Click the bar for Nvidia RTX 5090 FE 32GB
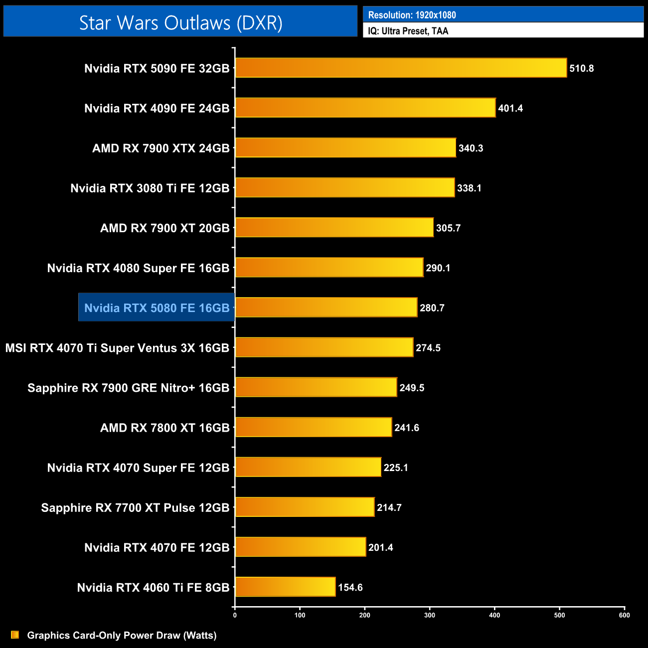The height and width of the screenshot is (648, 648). coord(401,68)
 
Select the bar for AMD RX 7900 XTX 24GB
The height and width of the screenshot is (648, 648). coord(345,148)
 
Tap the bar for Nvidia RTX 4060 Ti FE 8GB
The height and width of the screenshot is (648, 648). coord(285,587)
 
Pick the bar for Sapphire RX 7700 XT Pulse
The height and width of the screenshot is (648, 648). coord(305,507)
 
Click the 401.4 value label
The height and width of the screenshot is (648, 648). coord(510,108)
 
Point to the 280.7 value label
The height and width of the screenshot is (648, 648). coord(432,308)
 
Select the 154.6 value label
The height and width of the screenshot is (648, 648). coord(350,587)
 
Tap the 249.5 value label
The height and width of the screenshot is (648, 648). coord(412,388)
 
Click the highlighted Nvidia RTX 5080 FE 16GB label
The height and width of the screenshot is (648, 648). coord(157,308)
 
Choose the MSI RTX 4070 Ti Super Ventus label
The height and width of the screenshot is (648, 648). coord(117,348)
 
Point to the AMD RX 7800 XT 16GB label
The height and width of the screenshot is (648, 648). coord(164,428)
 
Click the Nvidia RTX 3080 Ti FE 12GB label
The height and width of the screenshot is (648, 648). coord(150,188)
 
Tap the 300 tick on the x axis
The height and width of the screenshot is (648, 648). coord(430,615)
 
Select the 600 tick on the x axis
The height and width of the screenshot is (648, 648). coord(624,615)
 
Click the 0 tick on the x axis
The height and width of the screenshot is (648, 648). coord(235,615)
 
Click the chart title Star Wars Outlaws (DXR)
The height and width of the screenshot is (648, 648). coord(180,22)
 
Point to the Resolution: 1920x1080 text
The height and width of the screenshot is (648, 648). coord(412,15)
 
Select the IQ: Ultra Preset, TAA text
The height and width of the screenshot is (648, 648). coord(408,31)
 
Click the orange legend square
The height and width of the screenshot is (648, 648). coord(15,635)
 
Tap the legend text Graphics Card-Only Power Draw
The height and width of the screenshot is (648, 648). coord(122,635)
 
